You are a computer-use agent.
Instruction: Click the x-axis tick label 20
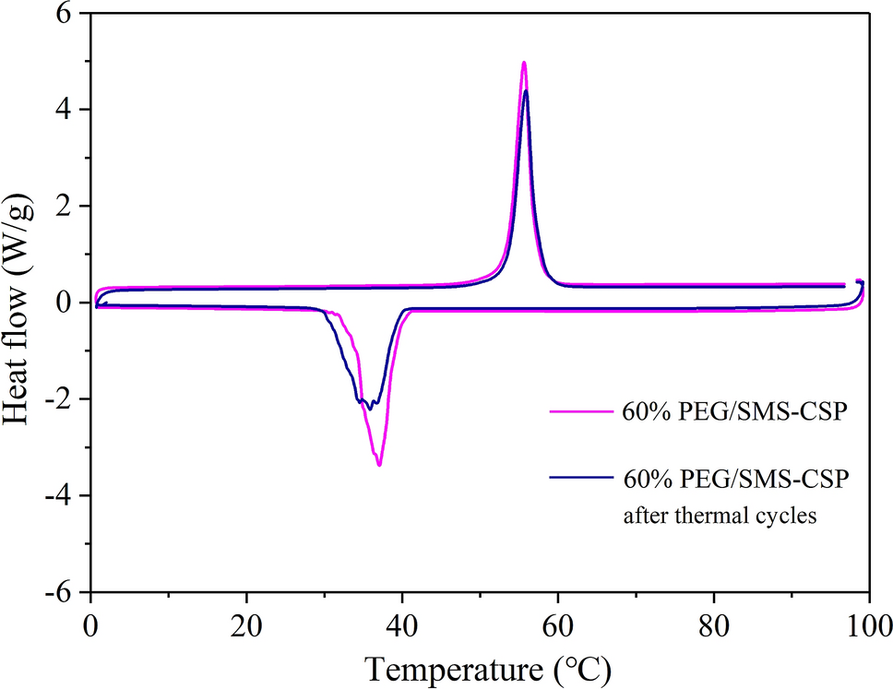(x=246, y=621)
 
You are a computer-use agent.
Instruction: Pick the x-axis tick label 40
(x=402, y=621)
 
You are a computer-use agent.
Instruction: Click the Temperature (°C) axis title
(x=488, y=666)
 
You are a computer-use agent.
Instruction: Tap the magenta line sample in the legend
(x=581, y=411)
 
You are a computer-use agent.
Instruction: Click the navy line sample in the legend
(x=581, y=477)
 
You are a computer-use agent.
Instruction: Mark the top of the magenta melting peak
(x=524, y=63)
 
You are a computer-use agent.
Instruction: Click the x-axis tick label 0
(x=90, y=621)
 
